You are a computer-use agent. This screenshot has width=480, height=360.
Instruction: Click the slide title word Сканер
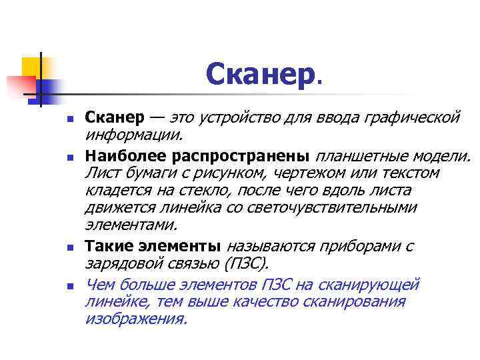(x=261, y=74)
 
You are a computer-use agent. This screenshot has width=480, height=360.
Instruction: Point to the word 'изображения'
(x=136, y=319)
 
